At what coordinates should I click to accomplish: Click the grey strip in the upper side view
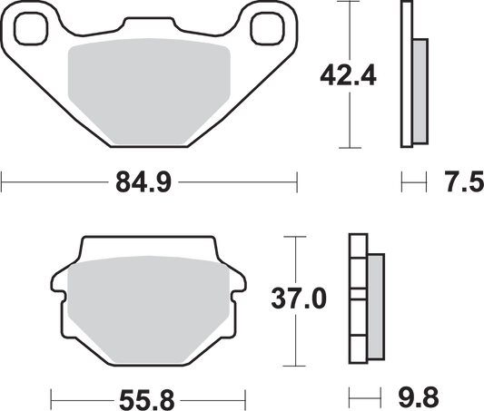click(420, 91)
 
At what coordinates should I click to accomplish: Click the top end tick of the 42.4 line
click(350, 4)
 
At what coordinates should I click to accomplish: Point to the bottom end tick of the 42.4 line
click(350, 148)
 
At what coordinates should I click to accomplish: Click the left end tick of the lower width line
click(52, 396)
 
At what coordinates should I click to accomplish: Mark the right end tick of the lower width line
click(248, 396)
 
